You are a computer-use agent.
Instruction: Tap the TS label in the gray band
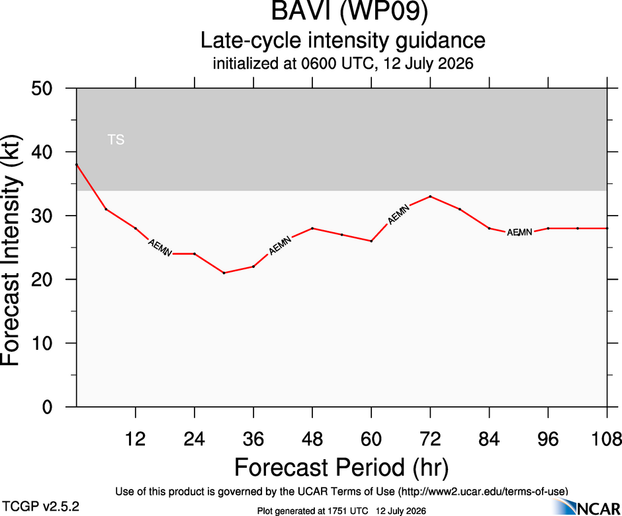(116, 140)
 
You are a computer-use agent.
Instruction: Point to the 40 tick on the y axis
(42, 152)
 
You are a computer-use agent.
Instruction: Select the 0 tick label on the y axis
(47, 407)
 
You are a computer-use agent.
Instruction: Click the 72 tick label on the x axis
(430, 439)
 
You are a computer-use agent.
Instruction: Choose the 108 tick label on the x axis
(606, 439)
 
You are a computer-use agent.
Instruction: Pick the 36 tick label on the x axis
(253, 439)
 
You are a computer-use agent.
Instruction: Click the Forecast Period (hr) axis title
(341, 467)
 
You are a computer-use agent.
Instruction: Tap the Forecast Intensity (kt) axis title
(11, 250)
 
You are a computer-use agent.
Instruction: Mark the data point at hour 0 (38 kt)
(77, 165)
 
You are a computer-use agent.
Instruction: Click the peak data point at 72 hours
(430, 196)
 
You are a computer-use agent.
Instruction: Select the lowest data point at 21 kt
(224, 273)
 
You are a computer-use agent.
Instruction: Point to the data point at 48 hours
(312, 228)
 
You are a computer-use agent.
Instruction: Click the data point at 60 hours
(371, 241)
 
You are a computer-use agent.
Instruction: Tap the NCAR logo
(586, 507)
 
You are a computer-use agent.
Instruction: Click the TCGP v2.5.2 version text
(40, 507)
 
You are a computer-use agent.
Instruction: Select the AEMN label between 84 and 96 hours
(519, 232)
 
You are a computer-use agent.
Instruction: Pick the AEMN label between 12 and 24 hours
(160, 248)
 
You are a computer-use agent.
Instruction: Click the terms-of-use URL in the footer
(483, 492)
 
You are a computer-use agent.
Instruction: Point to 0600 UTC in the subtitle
(337, 64)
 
